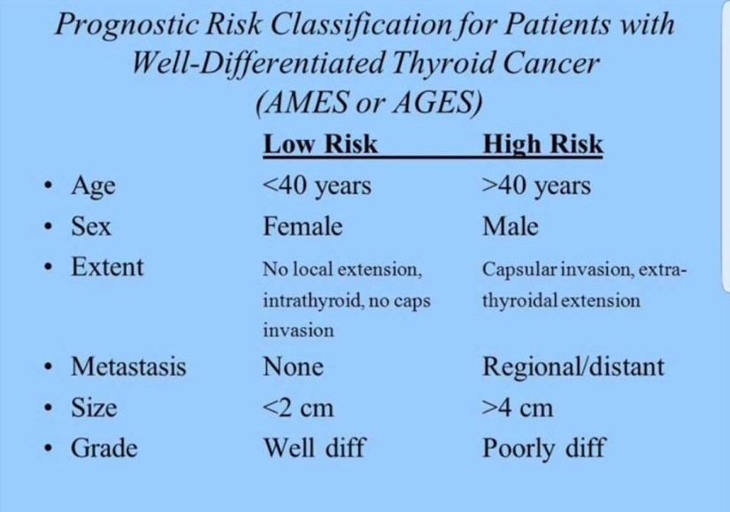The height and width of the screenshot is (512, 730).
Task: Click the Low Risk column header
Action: coord(319,144)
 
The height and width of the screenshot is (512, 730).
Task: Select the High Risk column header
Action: coord(542,144)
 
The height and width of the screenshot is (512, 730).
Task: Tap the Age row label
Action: coord(93,187)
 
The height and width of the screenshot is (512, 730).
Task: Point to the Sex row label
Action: coord(91,227)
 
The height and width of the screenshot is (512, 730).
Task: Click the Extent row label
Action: coord(108,267)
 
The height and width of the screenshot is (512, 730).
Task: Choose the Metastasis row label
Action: coord(128,366)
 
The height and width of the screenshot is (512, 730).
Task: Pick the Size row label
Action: coord(94,407)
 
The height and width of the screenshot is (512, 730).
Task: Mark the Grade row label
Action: coord(104,448)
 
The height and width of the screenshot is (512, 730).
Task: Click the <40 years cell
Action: coord(317,186)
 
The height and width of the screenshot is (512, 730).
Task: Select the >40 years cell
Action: coord(537,186)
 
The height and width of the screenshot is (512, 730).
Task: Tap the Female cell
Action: coord(304,227)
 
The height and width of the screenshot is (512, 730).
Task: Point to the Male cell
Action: coord(511,227)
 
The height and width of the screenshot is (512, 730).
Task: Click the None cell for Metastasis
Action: coord(293,367)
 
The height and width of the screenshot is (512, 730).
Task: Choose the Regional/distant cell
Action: coord(573,367)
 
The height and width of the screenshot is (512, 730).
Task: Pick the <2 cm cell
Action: coord(298,407)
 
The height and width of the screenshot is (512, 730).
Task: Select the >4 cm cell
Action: coord(519,407)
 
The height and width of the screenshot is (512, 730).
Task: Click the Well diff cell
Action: coord(315,448)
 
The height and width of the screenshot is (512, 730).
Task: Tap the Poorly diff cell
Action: coord(544,449)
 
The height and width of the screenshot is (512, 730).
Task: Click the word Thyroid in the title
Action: coord(442,63)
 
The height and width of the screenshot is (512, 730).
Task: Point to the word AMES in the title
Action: coord(308,102)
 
